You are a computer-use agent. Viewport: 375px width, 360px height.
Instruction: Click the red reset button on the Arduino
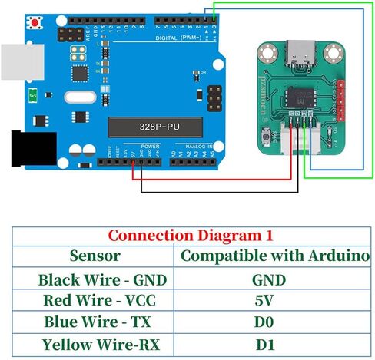coord(35,23)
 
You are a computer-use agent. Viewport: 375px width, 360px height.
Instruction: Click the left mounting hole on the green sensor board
coord(267,54)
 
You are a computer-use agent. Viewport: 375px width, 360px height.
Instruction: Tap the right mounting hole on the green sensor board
coord(332,54)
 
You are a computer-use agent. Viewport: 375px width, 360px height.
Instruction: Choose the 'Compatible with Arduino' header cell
coord(274,256)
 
